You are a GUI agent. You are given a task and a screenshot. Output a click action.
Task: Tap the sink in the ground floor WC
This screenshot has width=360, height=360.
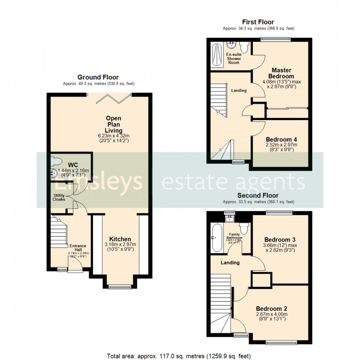(x=54, y=173)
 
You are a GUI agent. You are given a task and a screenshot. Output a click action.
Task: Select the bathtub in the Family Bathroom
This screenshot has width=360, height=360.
(x=216, y=238)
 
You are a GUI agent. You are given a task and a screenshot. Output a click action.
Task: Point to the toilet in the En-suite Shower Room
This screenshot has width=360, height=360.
(x=244, y=47)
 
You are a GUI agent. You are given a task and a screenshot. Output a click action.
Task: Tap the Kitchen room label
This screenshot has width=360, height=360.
(x=120, y=239)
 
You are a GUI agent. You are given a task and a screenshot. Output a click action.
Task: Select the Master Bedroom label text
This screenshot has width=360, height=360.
(x=281, y=73)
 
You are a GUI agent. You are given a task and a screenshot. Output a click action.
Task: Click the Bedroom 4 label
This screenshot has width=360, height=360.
(x=279, y=139)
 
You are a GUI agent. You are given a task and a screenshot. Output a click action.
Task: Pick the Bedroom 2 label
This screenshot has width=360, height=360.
(x=269, y=308)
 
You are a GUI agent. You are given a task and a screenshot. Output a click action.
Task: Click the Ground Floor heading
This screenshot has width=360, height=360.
(x=98, y=77)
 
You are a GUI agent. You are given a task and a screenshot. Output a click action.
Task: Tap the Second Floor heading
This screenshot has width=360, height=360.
(x=258, y=195)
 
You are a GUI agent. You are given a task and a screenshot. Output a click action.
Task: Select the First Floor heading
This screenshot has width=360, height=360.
(x=258, y=22)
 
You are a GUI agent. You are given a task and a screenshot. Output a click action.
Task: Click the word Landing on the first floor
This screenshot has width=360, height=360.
(x=239, y=90)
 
